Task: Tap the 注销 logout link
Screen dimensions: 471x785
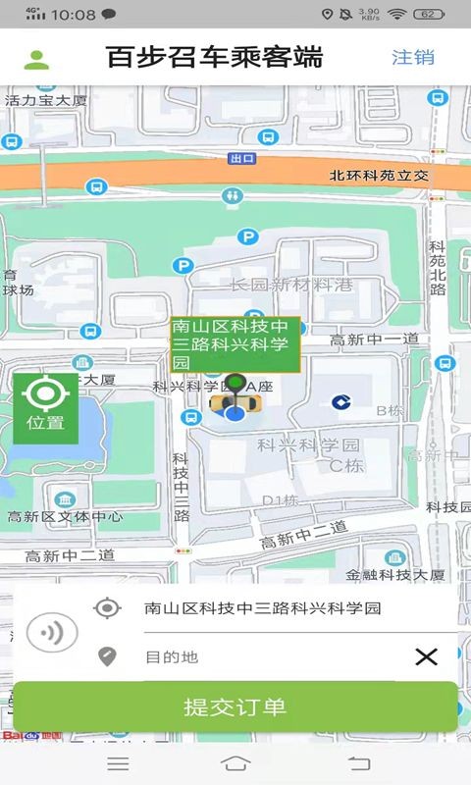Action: coord(412,57)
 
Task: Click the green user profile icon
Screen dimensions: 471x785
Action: coord(37,58)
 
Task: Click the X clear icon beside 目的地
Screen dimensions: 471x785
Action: coord(426,656)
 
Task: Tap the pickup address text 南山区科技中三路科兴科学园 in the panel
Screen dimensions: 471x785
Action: coord(262,608)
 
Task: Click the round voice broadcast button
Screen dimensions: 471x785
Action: coord(51,633)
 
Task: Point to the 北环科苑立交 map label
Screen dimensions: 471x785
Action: coord(379,176)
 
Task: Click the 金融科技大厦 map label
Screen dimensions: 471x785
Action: coord(395,575)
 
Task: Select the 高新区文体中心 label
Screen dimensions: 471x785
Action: coord(65,517)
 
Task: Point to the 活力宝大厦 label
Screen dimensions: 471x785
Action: coord(46,100)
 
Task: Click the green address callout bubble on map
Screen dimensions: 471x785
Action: coord(235,344)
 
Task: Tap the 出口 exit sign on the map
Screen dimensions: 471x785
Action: coord(241,158)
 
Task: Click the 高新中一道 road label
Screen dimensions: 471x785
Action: coord(374,339)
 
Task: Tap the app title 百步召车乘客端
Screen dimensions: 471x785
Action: coord(214,57)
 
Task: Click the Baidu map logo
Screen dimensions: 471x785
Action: coord(31,734)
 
